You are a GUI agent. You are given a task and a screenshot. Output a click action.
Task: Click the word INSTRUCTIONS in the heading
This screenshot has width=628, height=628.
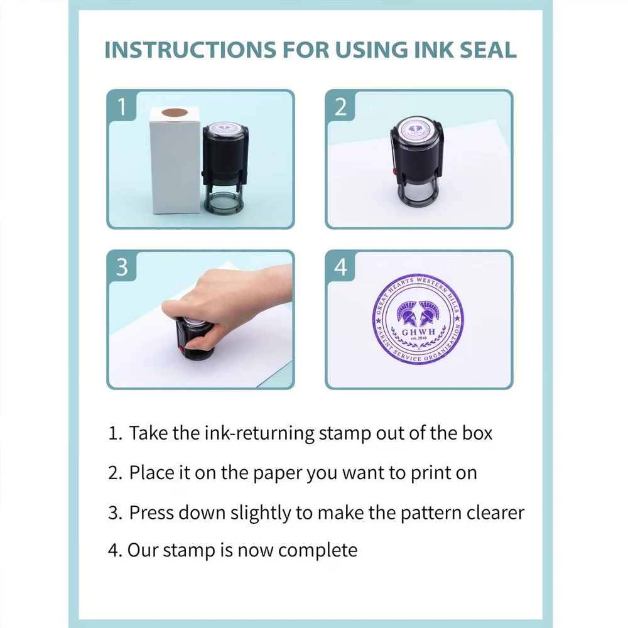190,50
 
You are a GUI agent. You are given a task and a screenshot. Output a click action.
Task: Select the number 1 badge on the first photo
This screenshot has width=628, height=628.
122,106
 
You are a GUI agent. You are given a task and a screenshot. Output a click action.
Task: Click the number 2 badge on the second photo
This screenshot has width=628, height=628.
340,107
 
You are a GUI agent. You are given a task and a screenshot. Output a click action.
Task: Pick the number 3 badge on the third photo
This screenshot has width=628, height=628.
122,267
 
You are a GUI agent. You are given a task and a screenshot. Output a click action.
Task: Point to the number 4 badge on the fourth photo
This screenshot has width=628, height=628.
340,267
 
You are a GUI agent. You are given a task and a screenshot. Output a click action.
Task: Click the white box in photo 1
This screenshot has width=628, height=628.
175,161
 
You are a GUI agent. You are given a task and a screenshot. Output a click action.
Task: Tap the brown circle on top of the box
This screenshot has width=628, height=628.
175,112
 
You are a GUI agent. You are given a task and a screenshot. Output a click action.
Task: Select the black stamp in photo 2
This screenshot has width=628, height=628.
417,161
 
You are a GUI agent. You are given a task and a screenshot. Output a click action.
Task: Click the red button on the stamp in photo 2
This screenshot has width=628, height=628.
394,171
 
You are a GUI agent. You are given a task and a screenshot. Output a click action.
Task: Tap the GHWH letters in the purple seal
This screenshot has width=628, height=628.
418,332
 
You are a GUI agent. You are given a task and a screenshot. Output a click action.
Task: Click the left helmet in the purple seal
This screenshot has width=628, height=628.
407,313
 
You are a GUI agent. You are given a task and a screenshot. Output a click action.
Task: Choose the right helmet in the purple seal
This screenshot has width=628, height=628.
430,313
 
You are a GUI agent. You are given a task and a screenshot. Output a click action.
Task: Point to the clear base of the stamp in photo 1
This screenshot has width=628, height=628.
224,200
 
